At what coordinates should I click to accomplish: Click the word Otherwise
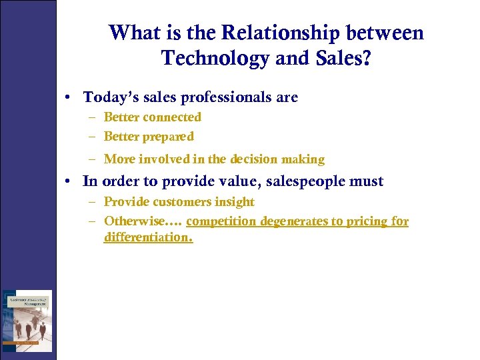coord(135,221)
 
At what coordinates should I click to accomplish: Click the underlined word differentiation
coord(148,237)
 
